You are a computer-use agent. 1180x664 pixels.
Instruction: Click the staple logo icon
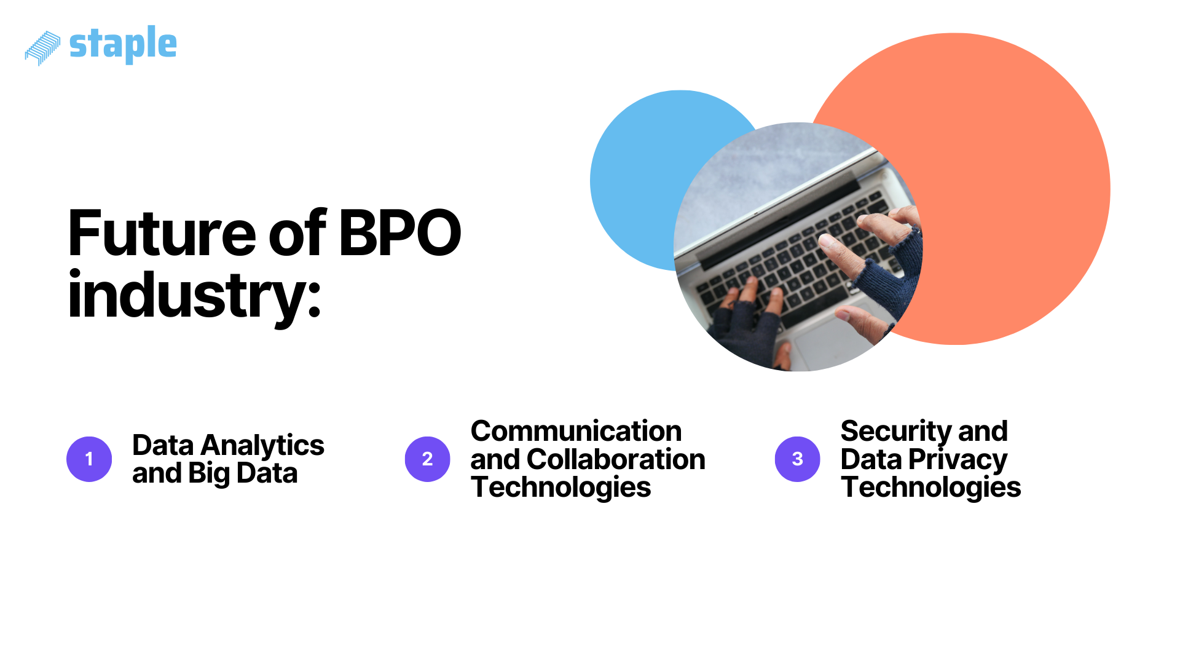pyautogui.click(x=42, y=47)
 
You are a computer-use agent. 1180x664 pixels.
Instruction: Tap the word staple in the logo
pyautogui.click(x=123, y=44)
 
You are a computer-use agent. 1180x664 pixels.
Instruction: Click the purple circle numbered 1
pyautogui.click(x=89, y=459)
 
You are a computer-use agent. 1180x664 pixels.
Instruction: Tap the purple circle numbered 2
pyautogui.click(x=428, y=459)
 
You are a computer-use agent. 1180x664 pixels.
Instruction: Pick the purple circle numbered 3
pyautogui.click(x=798, y=459)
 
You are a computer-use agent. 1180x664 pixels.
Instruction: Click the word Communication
pyautogui.click(x=576, y=431)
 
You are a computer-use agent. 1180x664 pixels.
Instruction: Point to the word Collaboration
pyautogui.click(x=616, y=459)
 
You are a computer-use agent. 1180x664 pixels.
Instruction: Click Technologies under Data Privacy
pyautogui.click(x=930, y=488)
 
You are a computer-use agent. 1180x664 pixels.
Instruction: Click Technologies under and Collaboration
pyautogui.click(x=560, y=488)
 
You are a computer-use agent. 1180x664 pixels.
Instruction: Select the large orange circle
pyautogui.click(x=1014, y=184)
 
